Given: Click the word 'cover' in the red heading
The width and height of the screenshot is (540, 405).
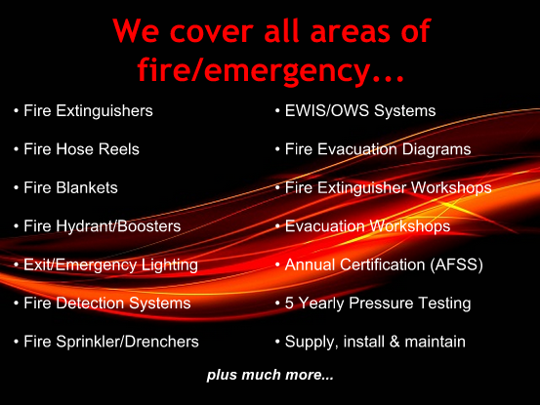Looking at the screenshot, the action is pyautogui.click(x=212, y=31).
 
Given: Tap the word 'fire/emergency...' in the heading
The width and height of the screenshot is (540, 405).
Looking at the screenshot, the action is pyautogui.click(x=270, y=69).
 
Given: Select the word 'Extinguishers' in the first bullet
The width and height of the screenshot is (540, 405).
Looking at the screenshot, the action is pyautogui.click(x=104, y=111).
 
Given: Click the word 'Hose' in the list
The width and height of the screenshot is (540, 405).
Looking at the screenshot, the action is pyautogui.click(x=75, y=149).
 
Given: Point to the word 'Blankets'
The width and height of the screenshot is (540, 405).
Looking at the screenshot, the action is pyautogui.click(x=87, y=188).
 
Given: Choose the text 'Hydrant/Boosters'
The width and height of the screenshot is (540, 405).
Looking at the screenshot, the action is pyautogui.click(x=118, y=226).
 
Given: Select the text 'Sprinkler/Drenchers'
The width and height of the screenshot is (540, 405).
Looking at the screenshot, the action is pyautogui.click(x=127, y=342).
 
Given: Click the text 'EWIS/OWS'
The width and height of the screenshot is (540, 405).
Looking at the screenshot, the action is pyautogui.click(x=327, y=111).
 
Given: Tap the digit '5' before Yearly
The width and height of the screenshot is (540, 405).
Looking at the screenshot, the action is pyautogui.click(x=289, y=304).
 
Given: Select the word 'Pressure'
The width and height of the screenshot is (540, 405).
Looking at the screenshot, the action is pyautogui.click(x=381, y=304).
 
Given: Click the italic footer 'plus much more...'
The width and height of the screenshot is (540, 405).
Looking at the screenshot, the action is pyautogui.click(x=270, y=375).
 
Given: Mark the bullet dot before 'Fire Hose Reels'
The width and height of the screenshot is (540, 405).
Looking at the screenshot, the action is pyautogui.click(x=16, y=149).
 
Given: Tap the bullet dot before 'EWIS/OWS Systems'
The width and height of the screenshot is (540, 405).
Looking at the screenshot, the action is pyautogui.click(x=277, y=111).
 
